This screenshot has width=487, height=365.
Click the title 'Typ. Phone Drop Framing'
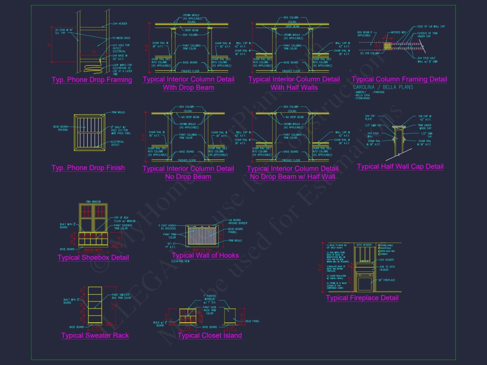92,80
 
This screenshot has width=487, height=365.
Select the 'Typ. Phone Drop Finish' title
88,168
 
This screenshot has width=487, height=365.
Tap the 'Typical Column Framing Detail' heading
399,79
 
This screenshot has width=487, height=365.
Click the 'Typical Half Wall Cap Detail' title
400,167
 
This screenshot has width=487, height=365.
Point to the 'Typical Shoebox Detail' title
93,258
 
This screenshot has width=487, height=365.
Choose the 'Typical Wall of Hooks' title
205,255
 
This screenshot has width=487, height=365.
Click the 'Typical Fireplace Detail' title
362,298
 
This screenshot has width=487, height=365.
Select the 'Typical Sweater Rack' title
95,335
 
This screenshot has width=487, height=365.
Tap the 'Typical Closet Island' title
210,335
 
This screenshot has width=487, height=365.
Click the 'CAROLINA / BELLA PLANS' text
383,87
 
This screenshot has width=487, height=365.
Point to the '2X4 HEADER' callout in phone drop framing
120,24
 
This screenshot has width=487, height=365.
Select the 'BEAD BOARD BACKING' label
60,128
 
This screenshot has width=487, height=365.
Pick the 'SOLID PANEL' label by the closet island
252,321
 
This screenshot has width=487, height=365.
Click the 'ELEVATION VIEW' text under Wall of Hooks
180,262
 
